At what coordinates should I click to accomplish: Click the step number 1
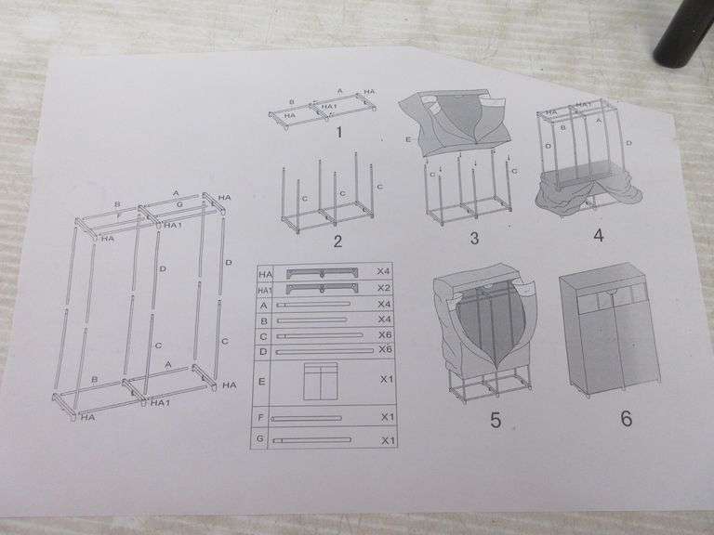coord(339,132)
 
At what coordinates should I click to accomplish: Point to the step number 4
coord(598,235)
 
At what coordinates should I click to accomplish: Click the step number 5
coord(495,421)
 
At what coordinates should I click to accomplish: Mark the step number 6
coord(626,418)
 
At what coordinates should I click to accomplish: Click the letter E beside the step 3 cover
coord(407,140)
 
